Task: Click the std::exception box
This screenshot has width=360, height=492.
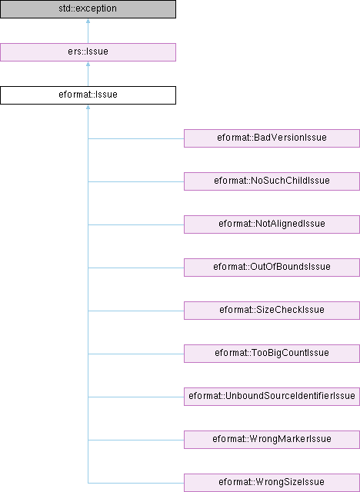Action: pos(88,9)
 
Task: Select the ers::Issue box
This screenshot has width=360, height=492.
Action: pos(88,52)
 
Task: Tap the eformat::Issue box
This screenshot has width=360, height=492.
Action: pos(88,95)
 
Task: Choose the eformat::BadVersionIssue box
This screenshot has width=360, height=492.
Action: pos(272,138)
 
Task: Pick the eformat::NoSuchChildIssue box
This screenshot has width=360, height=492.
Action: pos(272,181)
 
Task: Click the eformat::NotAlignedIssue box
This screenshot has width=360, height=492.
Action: pos(272,224)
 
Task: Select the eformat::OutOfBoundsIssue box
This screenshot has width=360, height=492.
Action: pos(272,268)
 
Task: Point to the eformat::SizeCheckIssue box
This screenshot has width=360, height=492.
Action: pos(272,311)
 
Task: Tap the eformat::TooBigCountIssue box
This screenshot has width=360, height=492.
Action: pos(272,354)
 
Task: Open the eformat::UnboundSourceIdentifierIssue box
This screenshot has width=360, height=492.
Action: pos(272,397)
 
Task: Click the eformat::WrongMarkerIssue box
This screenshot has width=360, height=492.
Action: pos(272,439)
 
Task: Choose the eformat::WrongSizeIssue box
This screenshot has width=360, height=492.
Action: pos(272,483)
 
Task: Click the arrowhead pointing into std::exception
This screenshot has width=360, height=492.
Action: pos(88,21)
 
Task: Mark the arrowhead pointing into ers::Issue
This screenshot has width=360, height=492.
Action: pos(88,64)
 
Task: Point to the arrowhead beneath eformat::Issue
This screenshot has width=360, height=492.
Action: pos(88,107)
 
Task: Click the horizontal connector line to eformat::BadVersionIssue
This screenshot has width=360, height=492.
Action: pos(136,138)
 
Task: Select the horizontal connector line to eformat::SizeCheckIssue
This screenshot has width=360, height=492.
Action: pos(136,311)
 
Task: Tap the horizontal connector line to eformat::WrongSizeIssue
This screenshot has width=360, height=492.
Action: pos(136,483)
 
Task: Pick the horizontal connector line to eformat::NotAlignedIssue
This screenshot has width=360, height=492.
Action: pos(136,224)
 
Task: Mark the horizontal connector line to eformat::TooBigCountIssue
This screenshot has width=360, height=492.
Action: pos(136,354)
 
